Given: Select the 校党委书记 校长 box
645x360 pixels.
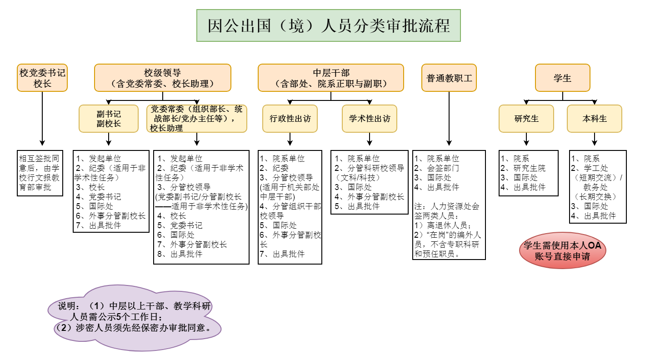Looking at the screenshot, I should click(x=42, y=78).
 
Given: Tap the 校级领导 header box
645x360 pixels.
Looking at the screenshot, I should click(x=162, y=78).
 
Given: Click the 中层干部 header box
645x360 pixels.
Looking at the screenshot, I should click(x=330, y=78).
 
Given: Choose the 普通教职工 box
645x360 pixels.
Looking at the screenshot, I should click(x=449, y=78).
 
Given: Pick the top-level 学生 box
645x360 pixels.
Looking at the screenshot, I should click(x=562, y=78).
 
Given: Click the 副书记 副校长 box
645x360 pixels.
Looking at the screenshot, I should click(x=109, y=119).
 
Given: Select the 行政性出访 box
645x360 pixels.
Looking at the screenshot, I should click(x=290, y=119).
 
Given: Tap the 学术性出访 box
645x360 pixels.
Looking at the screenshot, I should click(x=370, y=119).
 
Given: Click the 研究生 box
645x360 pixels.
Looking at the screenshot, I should click(x=526, y=119).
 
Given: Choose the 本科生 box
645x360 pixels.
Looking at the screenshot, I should click(x=595, y=119).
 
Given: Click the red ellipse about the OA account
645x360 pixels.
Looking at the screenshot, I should click(x=562, y=251).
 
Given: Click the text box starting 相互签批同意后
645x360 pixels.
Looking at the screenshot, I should click(x=40, y=173).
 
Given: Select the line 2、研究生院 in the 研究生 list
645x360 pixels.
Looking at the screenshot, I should click(x=523, y=168).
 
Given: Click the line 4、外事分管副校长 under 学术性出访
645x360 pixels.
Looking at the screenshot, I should click(x=370, y=197).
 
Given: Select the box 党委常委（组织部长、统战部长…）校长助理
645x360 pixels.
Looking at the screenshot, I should click(x=197, y=119).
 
